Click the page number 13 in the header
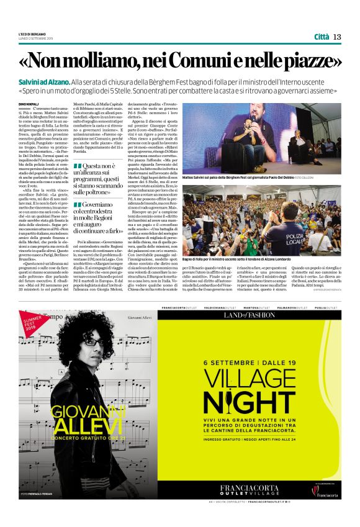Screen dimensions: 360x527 click(337, 37)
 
